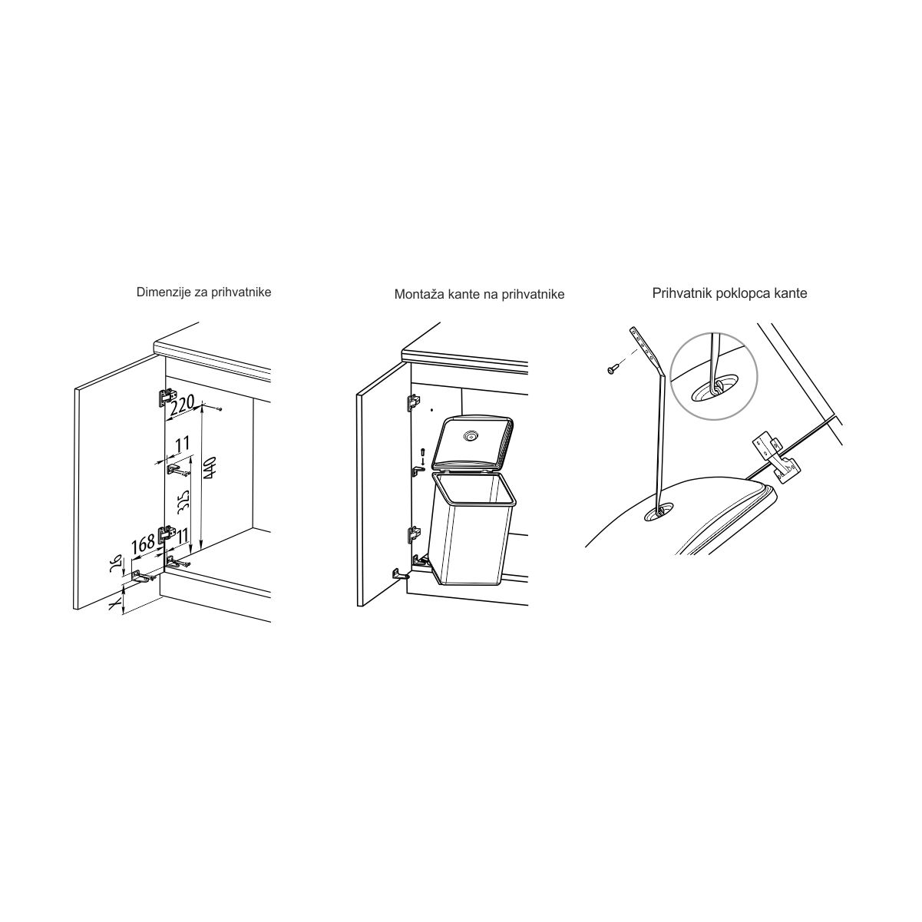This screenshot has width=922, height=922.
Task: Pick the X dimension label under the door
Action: point(113,606)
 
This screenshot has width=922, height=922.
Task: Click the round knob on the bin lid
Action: point(469,435)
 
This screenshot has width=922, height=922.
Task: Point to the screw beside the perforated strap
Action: point(613,369)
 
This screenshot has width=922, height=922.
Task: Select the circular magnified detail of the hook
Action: point(713,376)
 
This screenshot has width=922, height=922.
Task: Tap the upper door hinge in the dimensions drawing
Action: point(165,397)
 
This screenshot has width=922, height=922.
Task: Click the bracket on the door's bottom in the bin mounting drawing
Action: point(400,573)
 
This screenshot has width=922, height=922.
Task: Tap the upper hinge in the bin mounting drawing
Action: point(414,402)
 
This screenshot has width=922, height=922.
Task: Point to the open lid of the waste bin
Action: point(472,443)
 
